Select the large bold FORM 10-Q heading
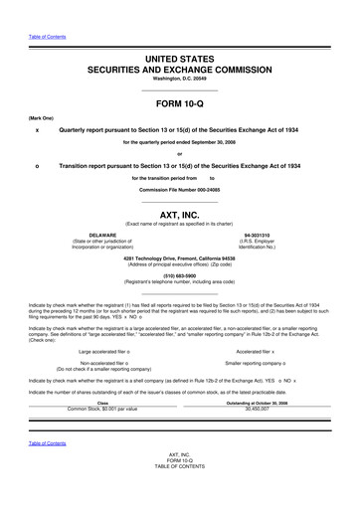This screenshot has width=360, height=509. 180,103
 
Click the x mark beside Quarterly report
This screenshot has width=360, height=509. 37,129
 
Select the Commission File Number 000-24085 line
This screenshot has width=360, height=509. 180,188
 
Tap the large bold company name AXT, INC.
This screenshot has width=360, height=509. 180,213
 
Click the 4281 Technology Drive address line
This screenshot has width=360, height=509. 180,258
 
